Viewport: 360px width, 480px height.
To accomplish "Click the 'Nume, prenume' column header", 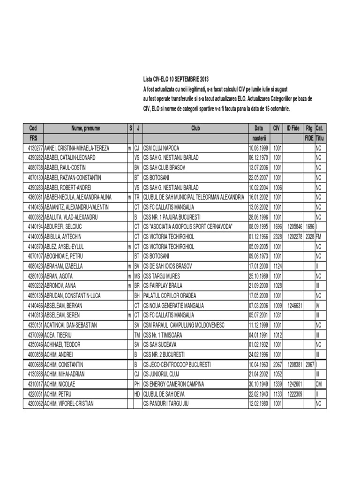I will point(85,128).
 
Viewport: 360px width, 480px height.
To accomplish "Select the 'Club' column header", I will point(195,128).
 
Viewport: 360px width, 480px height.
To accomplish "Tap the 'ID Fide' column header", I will point(293,128).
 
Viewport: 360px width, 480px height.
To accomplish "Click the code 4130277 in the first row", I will point(33,148).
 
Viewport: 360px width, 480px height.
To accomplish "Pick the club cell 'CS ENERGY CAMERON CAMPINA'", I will point(174,383).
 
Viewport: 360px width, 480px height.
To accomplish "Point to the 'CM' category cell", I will point(319,383).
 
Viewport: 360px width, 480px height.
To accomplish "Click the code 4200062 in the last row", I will point(33,403).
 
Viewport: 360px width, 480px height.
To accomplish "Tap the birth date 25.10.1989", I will point(259,276).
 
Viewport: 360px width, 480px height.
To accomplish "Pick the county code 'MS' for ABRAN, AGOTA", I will point(137,276).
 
